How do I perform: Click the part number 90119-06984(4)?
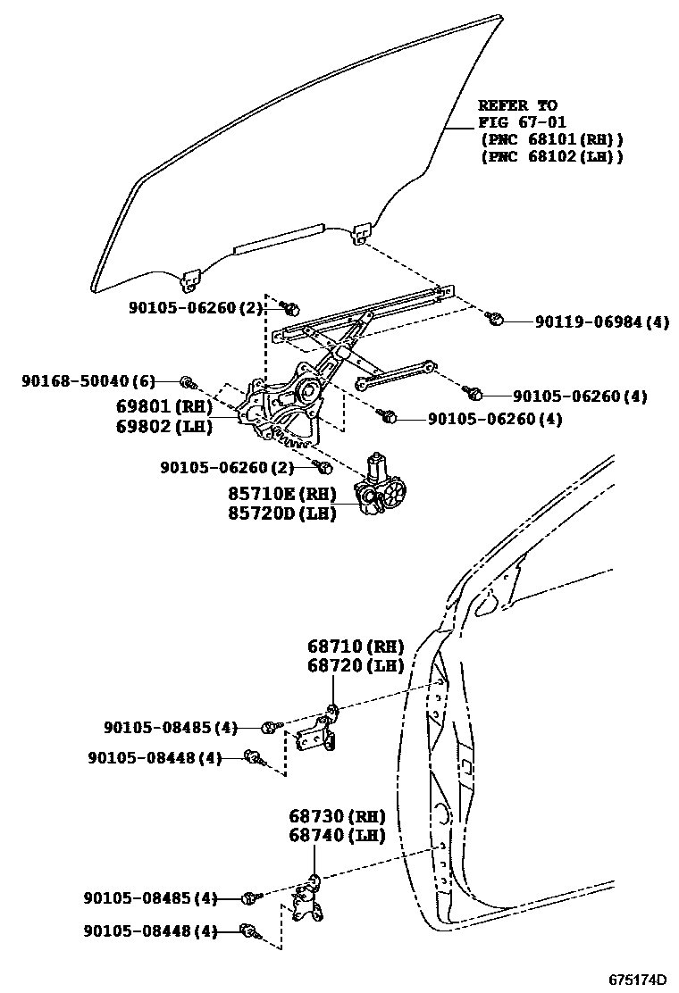point(602,322)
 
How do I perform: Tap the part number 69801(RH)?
point(163,407)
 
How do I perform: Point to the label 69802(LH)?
point(163,426)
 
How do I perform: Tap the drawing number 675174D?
point(638,979)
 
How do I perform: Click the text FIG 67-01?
point(522,121)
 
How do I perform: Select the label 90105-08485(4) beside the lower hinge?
point(150,898)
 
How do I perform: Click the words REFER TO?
point(517,104)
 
